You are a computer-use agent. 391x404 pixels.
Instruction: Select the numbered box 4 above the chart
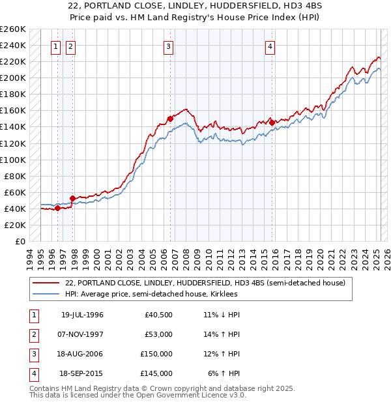tap(269, 46)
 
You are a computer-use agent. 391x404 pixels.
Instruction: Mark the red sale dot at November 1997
tap(73, 197)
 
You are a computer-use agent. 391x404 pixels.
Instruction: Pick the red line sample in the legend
tap(46, 283)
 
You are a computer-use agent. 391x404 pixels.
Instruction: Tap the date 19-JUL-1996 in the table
tap(82, 315)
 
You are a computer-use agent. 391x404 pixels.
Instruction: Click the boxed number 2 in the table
tap(33, 334)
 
